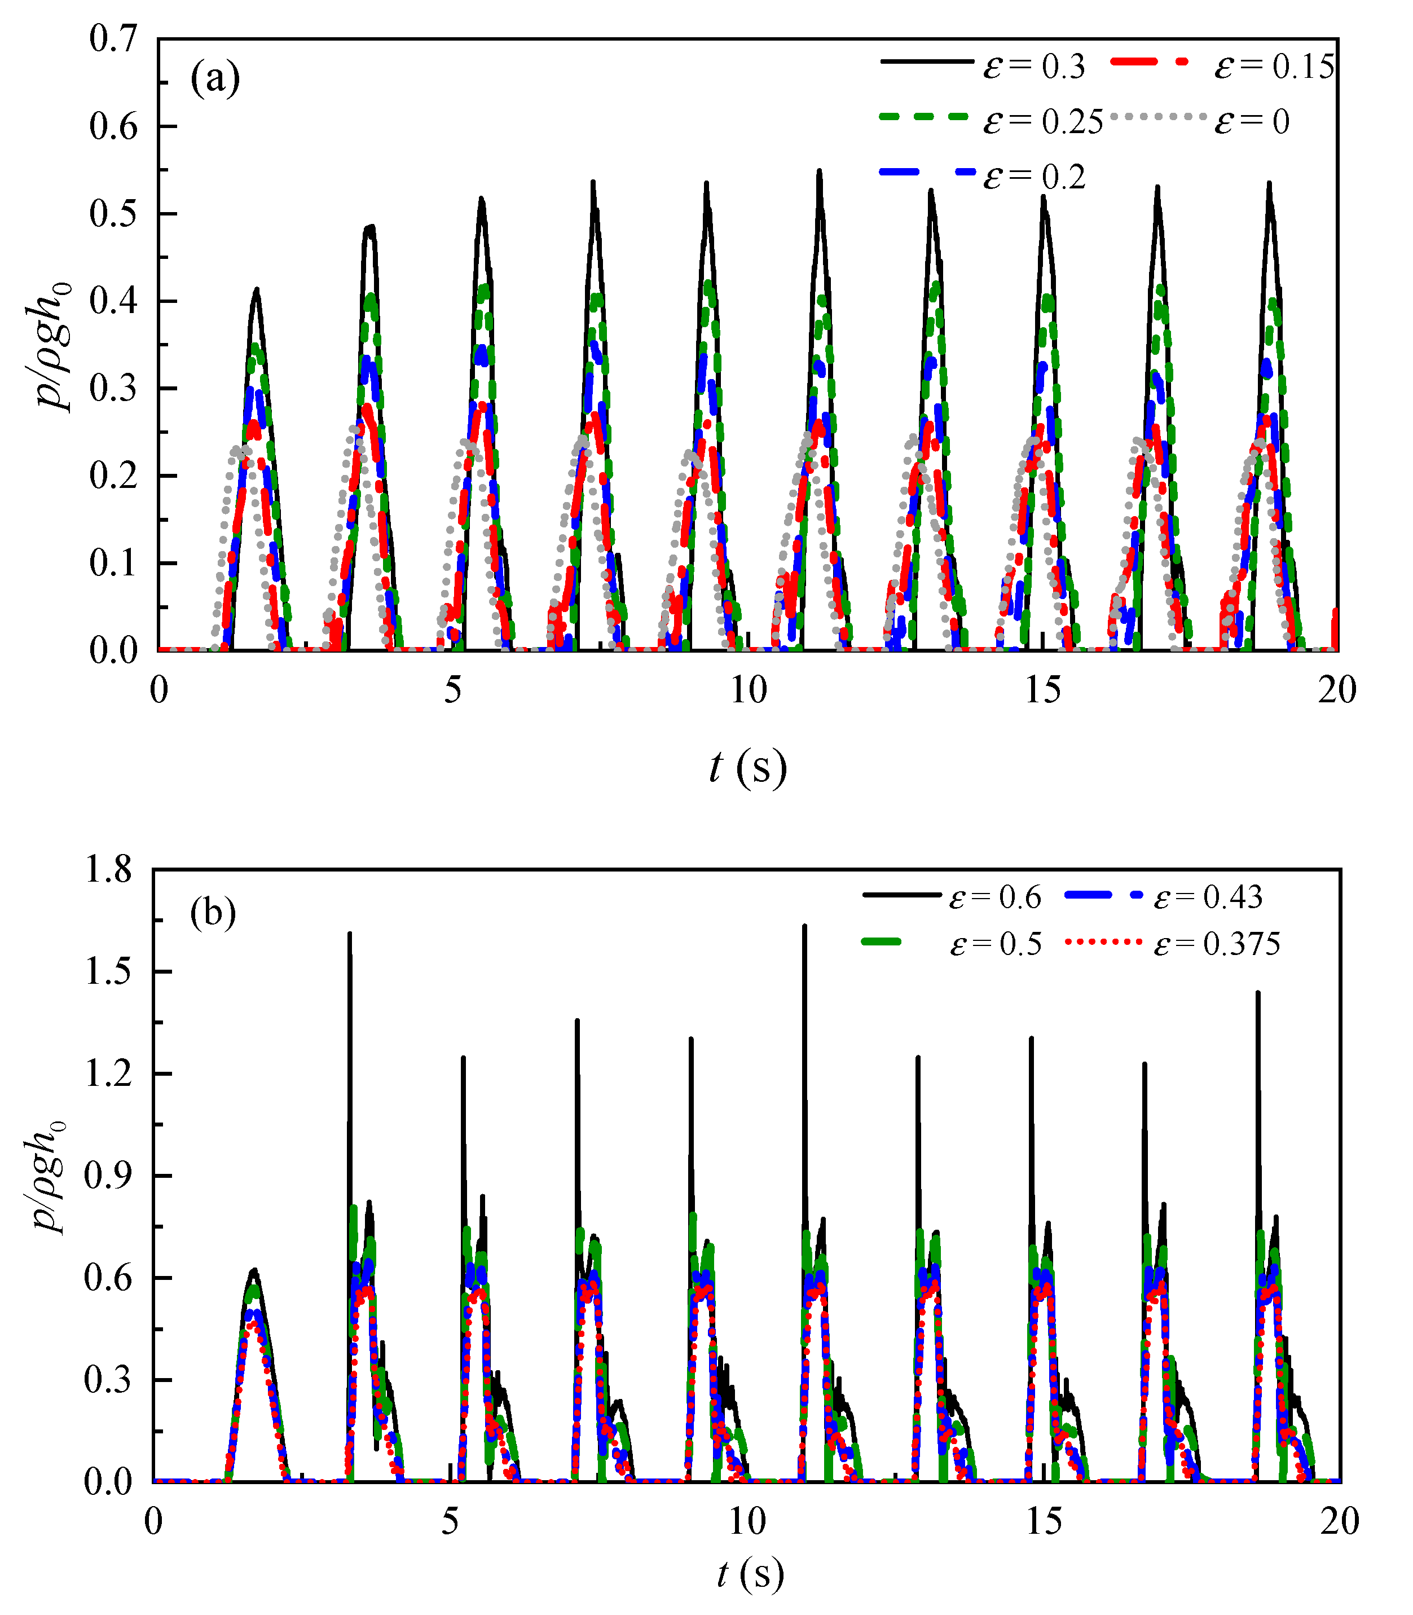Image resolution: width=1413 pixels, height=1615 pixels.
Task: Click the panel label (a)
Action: (214, 79)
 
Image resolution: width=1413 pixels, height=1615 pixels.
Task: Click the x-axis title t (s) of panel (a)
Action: (747, 767)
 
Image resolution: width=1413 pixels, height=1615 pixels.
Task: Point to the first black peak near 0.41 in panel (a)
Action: (256, 290)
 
